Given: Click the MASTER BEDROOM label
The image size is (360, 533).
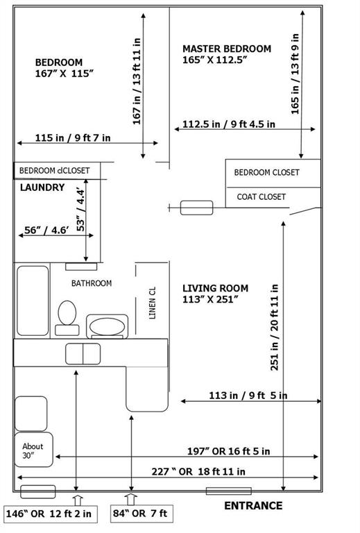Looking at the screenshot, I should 227,49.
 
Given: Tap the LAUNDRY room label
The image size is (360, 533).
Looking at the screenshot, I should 42,187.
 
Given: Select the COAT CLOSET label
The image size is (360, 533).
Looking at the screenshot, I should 262,197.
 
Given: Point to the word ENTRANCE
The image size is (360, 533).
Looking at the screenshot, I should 253,506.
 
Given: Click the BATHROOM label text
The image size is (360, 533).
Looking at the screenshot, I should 92,283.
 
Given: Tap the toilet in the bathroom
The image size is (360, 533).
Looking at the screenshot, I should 67,313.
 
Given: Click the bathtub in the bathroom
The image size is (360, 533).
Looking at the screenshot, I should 32,301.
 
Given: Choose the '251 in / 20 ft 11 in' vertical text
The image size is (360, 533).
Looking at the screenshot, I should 275,325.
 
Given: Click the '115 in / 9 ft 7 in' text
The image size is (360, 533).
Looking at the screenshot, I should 72,138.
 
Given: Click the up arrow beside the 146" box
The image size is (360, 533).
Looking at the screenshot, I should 76,499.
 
